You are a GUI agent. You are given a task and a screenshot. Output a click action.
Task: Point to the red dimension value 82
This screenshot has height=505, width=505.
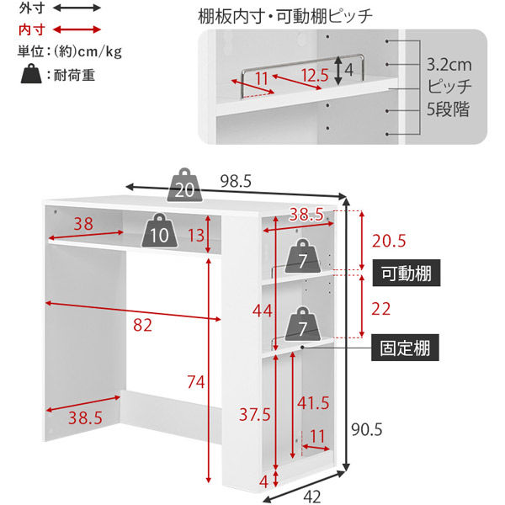point(143,325)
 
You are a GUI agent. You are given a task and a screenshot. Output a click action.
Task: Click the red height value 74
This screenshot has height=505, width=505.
point(195,383)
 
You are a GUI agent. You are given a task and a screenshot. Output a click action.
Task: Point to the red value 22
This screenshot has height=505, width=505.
point(381,309)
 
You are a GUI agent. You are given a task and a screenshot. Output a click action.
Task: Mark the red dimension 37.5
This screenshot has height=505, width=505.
point(254,414)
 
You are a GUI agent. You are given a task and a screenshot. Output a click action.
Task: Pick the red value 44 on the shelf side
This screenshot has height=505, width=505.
point(263,311)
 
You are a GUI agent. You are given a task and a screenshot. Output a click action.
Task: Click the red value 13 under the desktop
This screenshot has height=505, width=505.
point(196,233)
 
